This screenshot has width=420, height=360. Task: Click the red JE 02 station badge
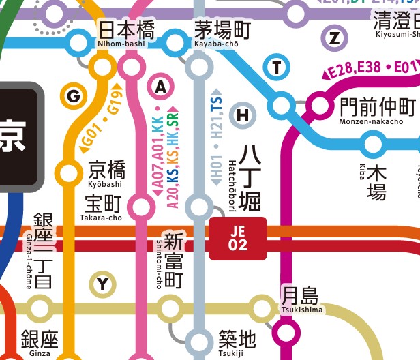pyautogui.click(x=237, y=239)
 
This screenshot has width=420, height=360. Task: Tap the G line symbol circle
pyautogui.click(x=74, y=96)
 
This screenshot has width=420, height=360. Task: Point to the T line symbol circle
pyautogui.click(x=276, y=67)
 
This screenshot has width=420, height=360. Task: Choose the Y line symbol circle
pyautogui.click(x=102, y=284)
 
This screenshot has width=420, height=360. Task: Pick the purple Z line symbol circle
pyautogui.click(x=334, y=37)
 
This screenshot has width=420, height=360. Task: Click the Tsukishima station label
pyautogui.click(x=300, y=299)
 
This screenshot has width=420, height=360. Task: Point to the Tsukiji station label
pyautogui.click(x=237, y=342)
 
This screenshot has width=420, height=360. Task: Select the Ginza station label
pyautogui.click(x=40, y=342)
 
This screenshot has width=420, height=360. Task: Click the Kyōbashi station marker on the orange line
pyautogui.click(x=69, y=173)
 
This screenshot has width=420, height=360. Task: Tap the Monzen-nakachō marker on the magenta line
pyautogui.click(x=318, y=106)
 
